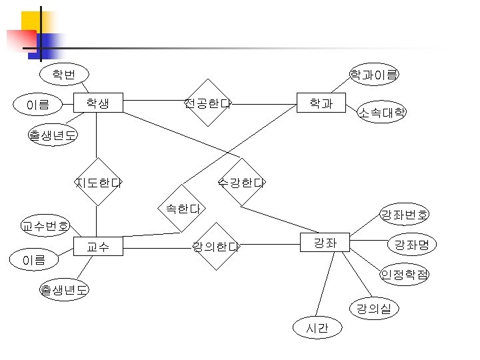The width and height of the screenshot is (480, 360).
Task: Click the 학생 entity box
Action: [98, 103]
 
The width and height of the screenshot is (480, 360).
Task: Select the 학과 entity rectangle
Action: [321, 103]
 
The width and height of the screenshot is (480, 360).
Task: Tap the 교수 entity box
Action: [98, 247]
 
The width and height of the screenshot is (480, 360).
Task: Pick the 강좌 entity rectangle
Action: [325, 243]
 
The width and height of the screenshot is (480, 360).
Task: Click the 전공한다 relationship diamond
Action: [207, 103]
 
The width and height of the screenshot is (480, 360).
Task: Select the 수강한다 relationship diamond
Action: [241, 182]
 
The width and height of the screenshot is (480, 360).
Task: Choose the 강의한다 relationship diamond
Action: [215, 247]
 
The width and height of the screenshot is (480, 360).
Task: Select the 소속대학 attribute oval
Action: [382, 112]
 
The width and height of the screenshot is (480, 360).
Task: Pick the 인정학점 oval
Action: [405, 274]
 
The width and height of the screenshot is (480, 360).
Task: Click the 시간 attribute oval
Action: [317, 328]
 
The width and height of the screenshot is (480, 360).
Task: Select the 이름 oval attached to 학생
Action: [38, 104]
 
